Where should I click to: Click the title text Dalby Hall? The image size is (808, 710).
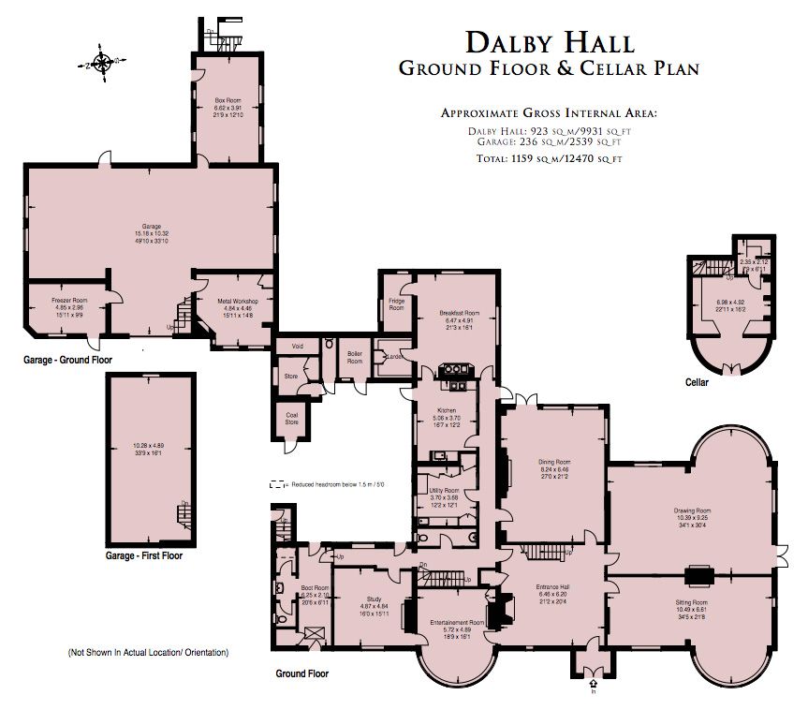coord(550,42)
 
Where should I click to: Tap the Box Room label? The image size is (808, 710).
coord(228,100)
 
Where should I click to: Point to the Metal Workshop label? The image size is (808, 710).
coord(237,301)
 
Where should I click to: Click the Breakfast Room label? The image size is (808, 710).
coord(459,312)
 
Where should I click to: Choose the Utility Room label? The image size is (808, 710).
coord(444,491)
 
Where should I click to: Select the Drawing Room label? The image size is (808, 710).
coord(691,510)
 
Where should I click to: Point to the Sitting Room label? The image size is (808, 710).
coord(692,602)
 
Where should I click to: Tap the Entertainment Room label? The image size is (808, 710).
coord(456,622)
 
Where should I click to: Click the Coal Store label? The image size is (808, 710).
coord(291,418)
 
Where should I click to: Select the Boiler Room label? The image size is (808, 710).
coord(355,356)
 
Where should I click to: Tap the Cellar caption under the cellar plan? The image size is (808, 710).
coord(696,383)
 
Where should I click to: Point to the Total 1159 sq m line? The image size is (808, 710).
coord(549,160)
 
